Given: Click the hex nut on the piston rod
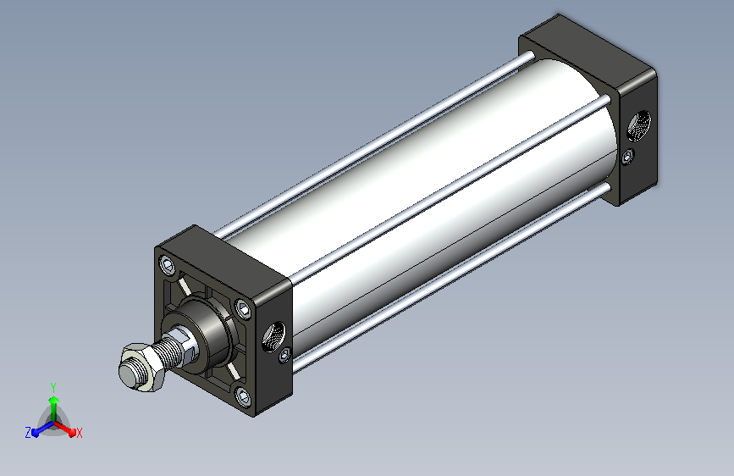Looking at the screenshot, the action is click(142, 367).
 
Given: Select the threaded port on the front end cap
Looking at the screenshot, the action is click(273, 335).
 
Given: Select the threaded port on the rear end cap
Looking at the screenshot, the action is click(639, 125).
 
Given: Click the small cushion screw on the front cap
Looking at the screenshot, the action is click(284, 355).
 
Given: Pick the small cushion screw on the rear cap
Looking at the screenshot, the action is click(628, 156).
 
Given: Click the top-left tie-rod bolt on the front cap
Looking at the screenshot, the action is click(167, 266).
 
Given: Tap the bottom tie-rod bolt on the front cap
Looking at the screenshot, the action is click(243, 396).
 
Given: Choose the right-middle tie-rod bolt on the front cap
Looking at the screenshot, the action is click(243, 309).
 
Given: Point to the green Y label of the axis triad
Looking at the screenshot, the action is click(53, 387).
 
